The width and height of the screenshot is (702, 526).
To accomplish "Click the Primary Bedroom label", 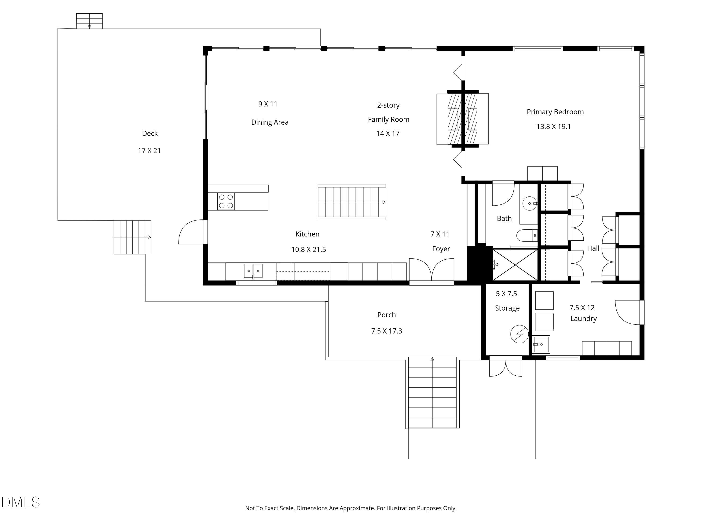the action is [x=555, y=112].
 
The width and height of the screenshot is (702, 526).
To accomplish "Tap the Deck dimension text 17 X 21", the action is [x=149, y=151].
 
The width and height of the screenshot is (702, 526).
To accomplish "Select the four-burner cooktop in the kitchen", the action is [x=226, y=201].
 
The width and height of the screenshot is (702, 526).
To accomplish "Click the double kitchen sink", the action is [x=253, y=271].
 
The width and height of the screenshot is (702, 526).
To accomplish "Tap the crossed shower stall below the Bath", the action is [x=515, y=265].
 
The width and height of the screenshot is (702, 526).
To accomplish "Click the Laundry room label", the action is [x=583, y=319].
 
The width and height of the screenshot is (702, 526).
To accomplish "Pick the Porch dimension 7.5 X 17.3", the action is [x=387, y=331].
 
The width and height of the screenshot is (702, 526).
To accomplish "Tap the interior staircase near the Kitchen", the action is [x=352, y=202].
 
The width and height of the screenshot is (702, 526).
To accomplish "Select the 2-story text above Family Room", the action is [x=388, y=105].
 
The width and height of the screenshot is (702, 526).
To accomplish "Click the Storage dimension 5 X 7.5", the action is [x=507, y=294].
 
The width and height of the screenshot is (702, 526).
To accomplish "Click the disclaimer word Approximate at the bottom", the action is [x=357, y=508].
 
